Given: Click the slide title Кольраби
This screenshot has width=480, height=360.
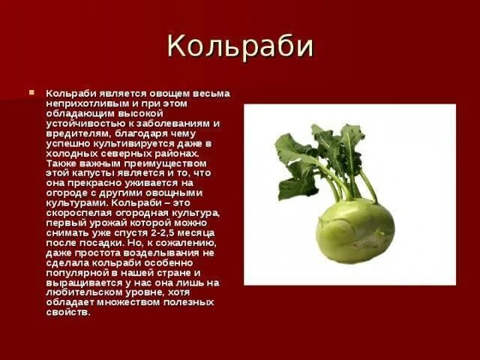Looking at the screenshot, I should pyautogui.click(x=240, y=46).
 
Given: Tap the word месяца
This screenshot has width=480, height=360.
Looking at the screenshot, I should pyautogui.click(x=200, y=232).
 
